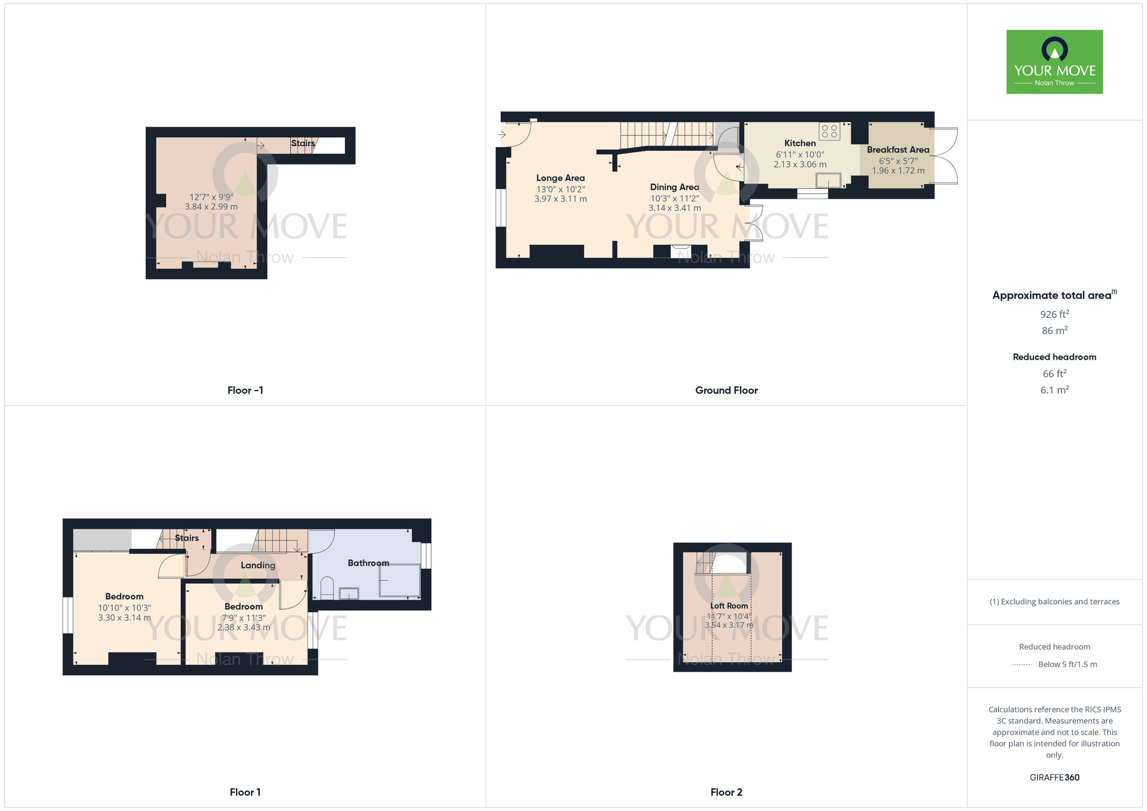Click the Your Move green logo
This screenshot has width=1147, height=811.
(1054, 62)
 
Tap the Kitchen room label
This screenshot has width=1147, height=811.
(799, 143)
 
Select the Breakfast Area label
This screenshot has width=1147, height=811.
(898, 150)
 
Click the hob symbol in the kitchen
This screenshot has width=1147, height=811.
(829, 131)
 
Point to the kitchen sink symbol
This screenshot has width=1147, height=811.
(829, 181)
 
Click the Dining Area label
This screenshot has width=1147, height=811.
(674, 187)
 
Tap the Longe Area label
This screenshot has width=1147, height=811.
(560, 178)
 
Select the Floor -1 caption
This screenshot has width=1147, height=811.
(245, 390)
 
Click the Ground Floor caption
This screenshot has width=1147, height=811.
(726, 390)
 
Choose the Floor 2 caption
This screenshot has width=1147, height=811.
(726, 792)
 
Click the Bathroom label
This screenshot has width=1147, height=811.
(368, 563)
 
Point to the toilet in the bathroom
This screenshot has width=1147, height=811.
(327, 588)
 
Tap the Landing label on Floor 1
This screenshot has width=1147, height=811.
(258, 565)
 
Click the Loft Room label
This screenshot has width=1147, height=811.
(729, 606)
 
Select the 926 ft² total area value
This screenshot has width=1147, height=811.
(1054, 314)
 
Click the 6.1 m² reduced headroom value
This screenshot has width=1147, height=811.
(1054, 390)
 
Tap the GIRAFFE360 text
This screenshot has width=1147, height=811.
(1054, 778)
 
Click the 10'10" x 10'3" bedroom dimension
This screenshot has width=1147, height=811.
(124, 608)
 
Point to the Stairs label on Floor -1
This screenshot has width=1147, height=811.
(303, 143)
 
